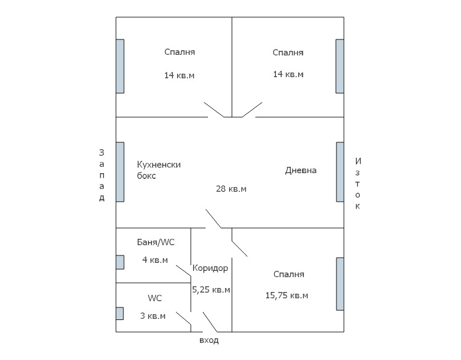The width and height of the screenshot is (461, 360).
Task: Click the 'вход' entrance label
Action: pyautogui.click(x=209, y=341)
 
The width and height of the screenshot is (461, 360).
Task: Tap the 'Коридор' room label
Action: pyautogui.click(x=210, y=268)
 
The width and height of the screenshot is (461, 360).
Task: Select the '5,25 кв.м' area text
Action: pyautogui.click(x=211, y=290)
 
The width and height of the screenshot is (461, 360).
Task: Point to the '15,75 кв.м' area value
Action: pyautogui.click(x=287, y=295)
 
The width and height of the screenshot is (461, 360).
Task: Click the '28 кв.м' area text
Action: pyautogui.click(x=231, y=189)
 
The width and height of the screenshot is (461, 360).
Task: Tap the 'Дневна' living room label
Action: pyautogui.click(x=301, y=170)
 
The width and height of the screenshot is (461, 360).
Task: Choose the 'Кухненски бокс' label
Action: pyautogui.click(x=159, y=170)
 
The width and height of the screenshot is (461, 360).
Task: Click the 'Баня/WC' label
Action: pyautogui.click(x=156, y=242)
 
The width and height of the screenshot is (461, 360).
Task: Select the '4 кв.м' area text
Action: pyautogui.click(x=155, y=260)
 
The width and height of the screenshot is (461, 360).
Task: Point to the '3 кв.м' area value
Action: pyautogui.click(x=153, y=316)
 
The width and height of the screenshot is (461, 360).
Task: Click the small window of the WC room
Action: pyautogui.click(x=119, y=314)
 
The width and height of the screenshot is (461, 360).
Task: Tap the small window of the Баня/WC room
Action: pyautogui.click(x=120, y=262)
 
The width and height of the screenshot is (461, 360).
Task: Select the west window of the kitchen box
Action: pyautogui.click(x=120, y=172)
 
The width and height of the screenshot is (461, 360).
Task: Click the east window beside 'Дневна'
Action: pyautogui.click(x=340, y=172)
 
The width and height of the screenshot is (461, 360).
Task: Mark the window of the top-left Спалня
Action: pyautogui.click(x=120, y=66)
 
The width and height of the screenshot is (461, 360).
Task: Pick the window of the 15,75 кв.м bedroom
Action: pyautogui.click(x=340, y=284)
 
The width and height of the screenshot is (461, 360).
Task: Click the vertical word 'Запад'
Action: pyautogui.click(x=102, y=175)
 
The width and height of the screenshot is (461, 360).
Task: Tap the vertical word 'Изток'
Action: pyautogui.click(x=358, y=183)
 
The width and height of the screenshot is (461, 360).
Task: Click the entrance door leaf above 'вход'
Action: pyautogui.click(x=210, y=322)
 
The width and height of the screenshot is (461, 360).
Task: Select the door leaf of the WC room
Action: pyautogui.click(x=184, y=319)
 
